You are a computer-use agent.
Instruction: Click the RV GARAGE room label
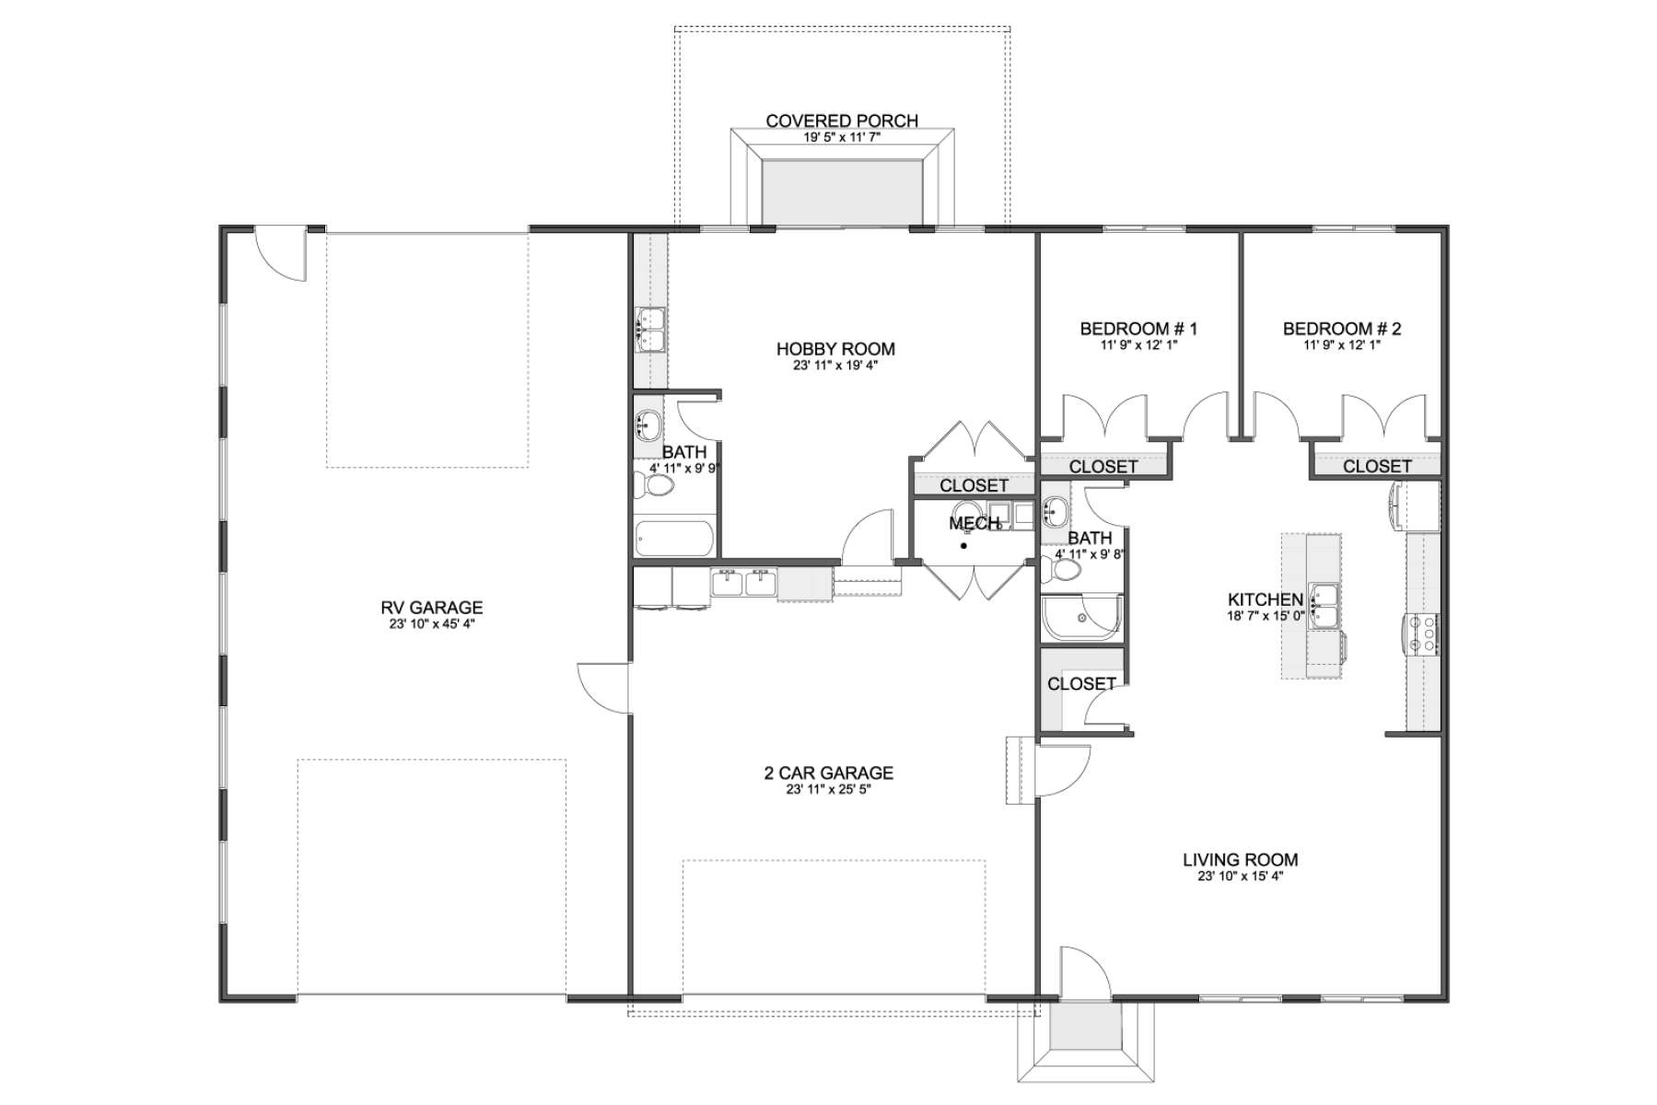click(x=431, y=607)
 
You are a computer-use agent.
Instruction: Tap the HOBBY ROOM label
click(x=835, y=349)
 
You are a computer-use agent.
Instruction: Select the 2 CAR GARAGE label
click(x=829, y=773)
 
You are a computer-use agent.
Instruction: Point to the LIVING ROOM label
click(x=1241, y=860)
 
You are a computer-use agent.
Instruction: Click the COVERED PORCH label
click(x=842, y=121)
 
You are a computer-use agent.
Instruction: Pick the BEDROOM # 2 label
click(x=1342, y=329)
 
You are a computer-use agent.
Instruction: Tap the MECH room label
click(x=974, y=523)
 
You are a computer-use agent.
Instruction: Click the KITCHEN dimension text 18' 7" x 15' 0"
click(x=1266, y=615)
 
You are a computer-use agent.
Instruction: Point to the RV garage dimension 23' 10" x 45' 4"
click(x=431, y=623)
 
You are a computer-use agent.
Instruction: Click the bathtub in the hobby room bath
click(x=674, y=539)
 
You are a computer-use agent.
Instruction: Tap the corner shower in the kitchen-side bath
click(x=1082, y=617)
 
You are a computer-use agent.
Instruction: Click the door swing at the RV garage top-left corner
click(x=279, y=254)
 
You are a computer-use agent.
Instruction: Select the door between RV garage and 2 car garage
click(x=604, y=687)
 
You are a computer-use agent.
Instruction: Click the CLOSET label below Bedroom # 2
click(x=1377, y=466)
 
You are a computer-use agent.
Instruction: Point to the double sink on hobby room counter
click(x=650, y=330)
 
